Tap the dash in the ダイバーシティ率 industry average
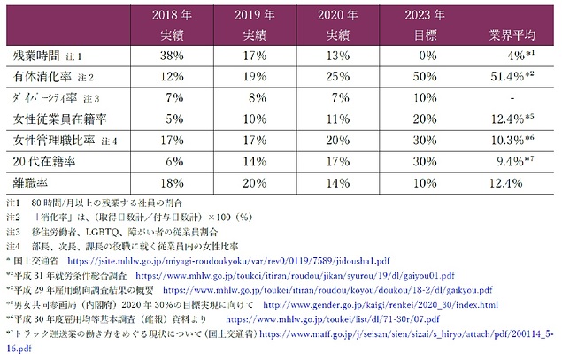(512, 96)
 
